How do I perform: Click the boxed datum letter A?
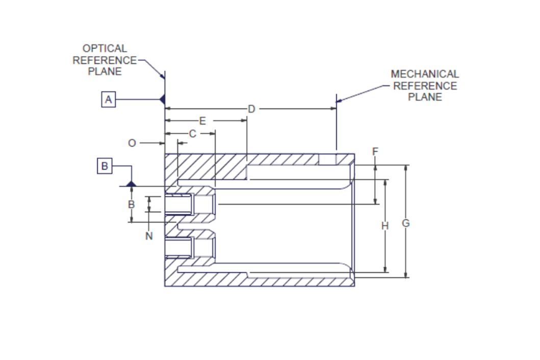pos(108,99)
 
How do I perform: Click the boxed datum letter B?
pos(104,166)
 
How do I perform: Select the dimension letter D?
pos(251,109)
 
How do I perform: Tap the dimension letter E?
pos(202,121)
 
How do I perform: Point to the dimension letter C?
pos(192,134)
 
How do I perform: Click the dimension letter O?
pos(131,143)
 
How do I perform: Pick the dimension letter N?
pos(149,236)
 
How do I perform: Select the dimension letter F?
pos(375,151)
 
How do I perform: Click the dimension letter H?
pos(385,225)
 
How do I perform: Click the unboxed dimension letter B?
pos(131,204)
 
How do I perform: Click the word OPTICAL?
pos(105,48)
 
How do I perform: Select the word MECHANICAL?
pos(425,74)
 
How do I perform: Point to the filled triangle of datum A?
pos(162,99)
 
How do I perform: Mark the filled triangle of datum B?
pos(131,183)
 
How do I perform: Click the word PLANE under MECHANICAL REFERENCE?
pos(425,97)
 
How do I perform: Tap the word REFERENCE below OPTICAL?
pos(105,60)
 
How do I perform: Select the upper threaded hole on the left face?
pos(178,205)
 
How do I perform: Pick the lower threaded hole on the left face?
pos(178,248)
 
